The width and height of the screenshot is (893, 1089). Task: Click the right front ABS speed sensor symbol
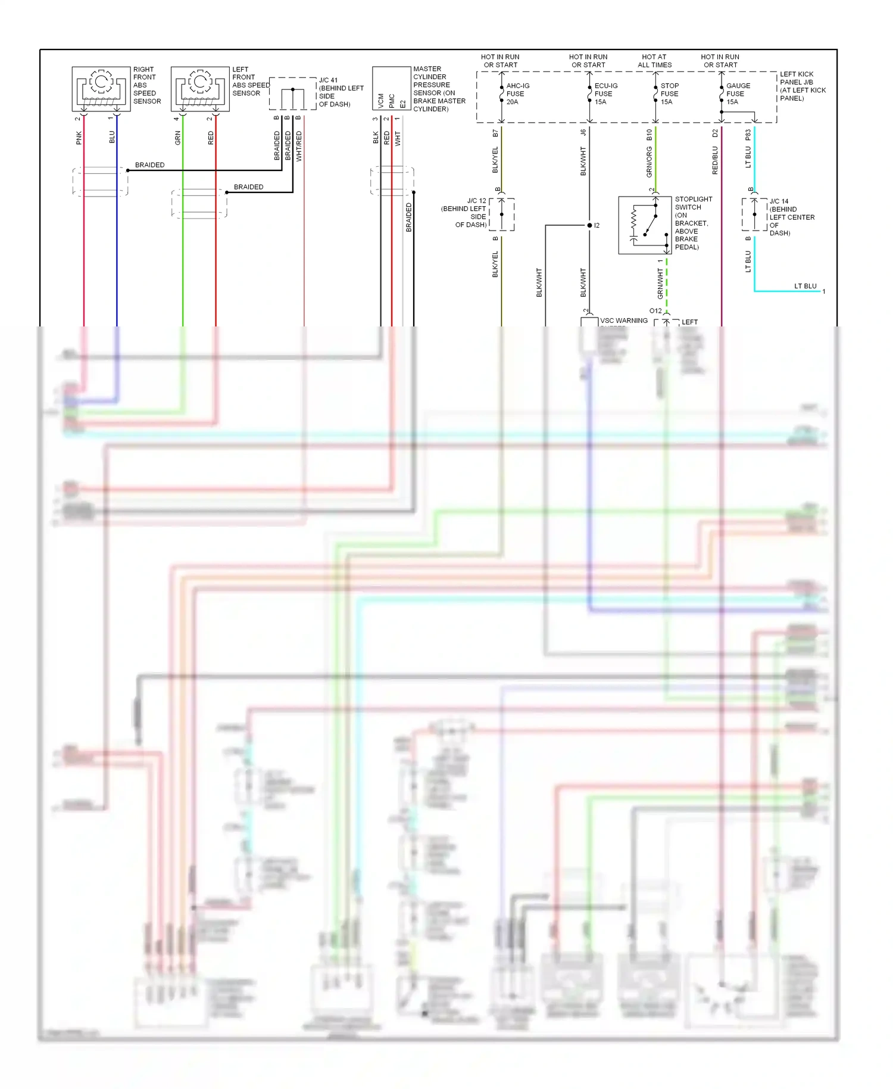coord(101,89)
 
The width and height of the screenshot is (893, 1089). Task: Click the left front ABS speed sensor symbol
coord(200,89)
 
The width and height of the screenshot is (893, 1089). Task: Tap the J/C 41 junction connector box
coord(292,94)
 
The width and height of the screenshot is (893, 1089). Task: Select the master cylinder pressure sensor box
coord(391,88)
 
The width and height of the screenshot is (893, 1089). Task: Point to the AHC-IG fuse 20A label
coord(517,94)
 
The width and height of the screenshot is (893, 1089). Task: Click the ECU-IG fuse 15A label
coord(605,94)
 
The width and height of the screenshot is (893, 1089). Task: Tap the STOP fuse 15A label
coord(669,94)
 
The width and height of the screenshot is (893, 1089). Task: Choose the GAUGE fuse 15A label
coord(738,94)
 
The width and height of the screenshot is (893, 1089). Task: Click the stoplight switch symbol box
coord(645,225)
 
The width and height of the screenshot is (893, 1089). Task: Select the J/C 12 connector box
coord(502,214)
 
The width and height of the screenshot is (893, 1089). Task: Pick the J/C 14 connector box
coord(754,214)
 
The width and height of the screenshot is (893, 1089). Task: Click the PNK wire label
coord(79,138)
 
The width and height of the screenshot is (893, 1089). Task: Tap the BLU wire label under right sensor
coord(112,138)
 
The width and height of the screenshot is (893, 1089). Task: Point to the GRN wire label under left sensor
coord(177,138)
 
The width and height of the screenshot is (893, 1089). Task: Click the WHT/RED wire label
coord(299,147)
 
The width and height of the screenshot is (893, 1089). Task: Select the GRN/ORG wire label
coord(650,162)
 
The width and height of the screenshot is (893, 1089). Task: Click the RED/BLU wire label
coord(715,160)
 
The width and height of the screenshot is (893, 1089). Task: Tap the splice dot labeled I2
coord(589,225)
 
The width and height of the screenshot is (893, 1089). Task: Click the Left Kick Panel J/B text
coord(802,86)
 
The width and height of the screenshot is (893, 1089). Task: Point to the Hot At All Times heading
coord(654,61)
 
